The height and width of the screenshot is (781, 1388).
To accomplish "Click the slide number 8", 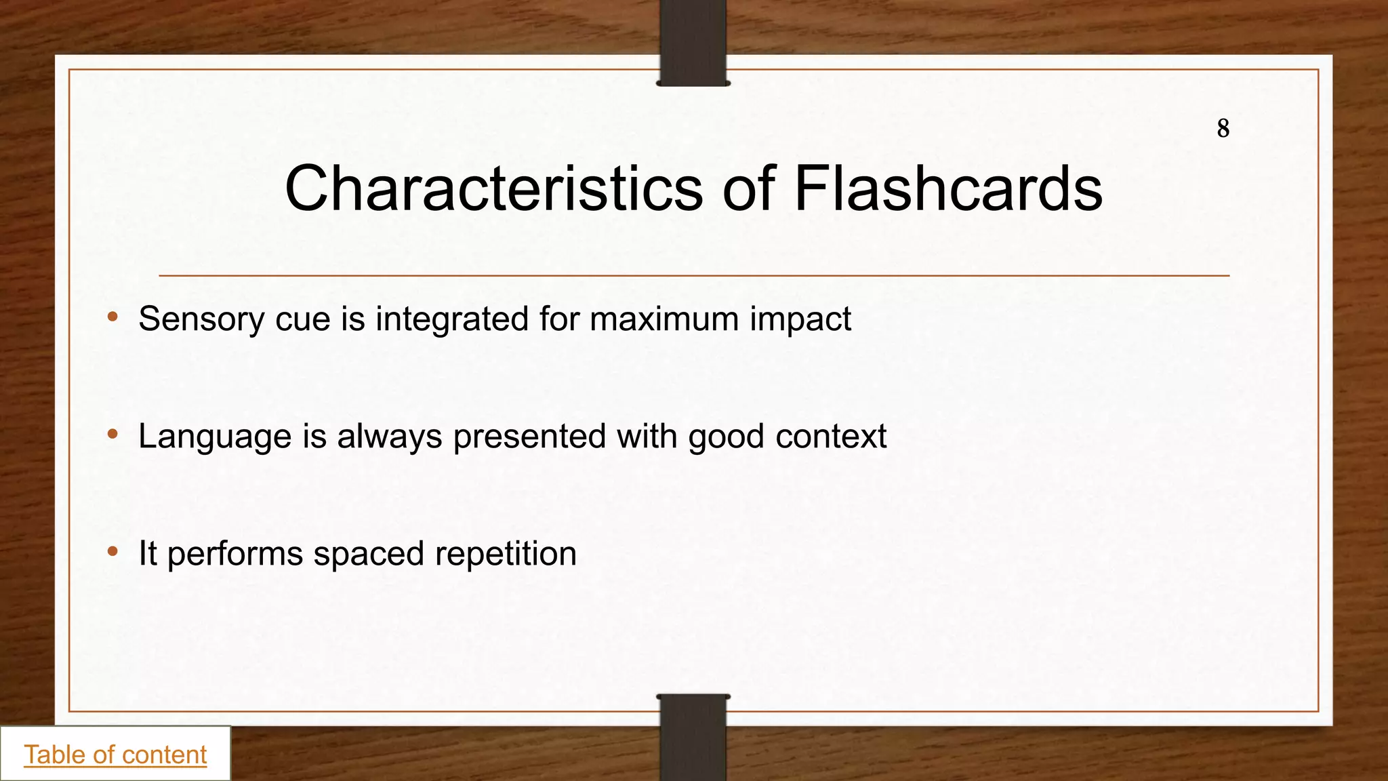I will (1223, 128).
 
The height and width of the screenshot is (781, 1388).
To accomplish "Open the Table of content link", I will (115, 755).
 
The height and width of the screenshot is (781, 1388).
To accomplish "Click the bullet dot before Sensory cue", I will (113, 317).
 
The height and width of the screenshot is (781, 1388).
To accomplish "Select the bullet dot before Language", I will (113, 434).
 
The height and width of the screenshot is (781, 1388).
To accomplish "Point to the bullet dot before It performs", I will (113, 551).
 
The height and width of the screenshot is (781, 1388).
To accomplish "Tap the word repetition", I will (506, 554).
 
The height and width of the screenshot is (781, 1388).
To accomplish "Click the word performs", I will (234, 554).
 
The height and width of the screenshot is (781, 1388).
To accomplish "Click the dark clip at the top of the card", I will (693, 42).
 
